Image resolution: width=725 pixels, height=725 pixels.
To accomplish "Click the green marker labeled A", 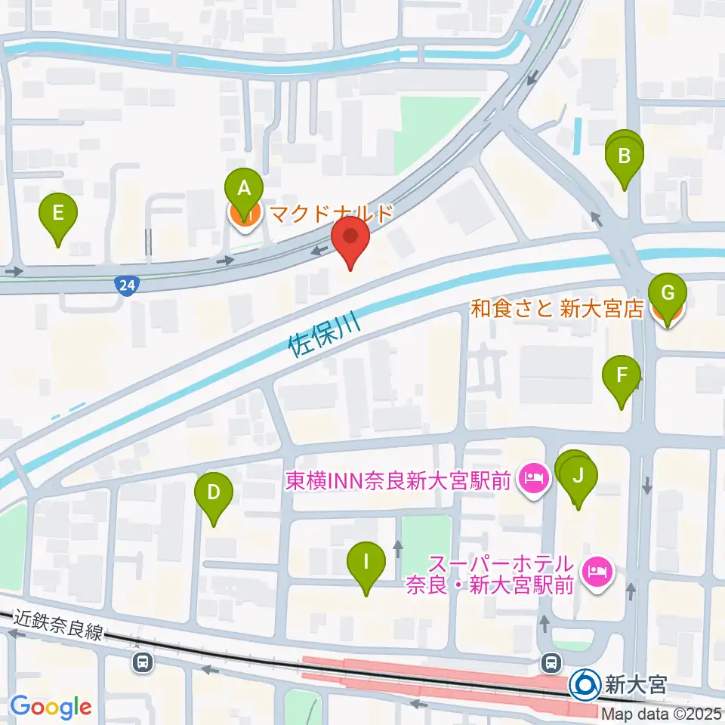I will tap(243, 188).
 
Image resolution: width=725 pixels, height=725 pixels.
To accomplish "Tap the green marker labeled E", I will tap(58, 212).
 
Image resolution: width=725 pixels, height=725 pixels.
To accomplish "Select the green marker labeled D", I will tap(214, 493).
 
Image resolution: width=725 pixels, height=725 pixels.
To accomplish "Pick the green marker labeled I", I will tap(366, 562).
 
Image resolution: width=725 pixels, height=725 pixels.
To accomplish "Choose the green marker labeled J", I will tap(578, 477).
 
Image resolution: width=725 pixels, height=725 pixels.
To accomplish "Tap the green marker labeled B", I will tap(625, 157).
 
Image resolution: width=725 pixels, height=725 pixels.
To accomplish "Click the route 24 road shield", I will tap(127, 285).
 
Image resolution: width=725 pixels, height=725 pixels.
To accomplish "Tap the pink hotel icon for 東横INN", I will tap(533, 479).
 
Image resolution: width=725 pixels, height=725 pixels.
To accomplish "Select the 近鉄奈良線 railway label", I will tap(59, 625).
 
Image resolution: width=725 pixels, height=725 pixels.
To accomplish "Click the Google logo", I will tap(51, 707).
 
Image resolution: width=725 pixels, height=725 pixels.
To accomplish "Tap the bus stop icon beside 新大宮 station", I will tap(551, 662).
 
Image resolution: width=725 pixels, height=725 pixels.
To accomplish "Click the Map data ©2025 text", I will tap(662, 713).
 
